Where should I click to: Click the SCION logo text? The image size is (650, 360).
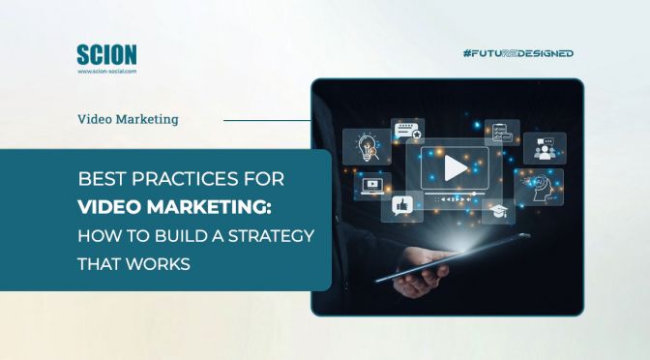(105, 54)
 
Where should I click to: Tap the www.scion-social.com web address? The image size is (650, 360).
(106, 71)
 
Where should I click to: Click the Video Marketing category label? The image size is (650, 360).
(128, 121)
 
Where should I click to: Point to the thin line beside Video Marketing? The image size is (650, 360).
(266, 121)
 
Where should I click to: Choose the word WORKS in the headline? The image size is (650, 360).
(155, 262)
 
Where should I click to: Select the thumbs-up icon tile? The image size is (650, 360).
(400, 203)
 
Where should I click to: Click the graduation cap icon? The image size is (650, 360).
(497, 211)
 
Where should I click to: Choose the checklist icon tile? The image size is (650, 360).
(501, 133)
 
